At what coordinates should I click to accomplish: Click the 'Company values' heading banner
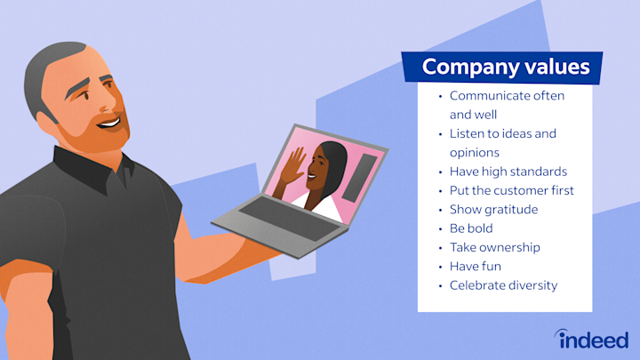[504, 67]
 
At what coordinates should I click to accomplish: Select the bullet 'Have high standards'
[508, 171]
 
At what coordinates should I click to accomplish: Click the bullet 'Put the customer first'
[512, 190]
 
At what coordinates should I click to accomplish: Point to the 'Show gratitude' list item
[494, 209]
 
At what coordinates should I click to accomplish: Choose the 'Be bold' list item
[472, 228]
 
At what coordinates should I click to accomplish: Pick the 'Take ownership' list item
[494, 247]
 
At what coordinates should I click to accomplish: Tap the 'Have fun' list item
[474, 267]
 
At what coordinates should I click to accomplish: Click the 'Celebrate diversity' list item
[504, 285]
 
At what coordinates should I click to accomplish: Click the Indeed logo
[592, 339]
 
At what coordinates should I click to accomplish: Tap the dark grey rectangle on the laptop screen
[354, 177]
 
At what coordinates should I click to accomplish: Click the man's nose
[116, 96]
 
